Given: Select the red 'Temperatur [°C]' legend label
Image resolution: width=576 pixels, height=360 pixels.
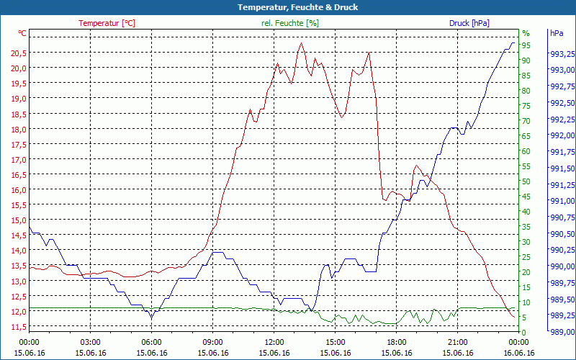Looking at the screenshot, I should pyautogui.click(x=107, y=23).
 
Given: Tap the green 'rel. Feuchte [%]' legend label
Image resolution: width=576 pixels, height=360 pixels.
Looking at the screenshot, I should pyautogui.click(x=290, y=23).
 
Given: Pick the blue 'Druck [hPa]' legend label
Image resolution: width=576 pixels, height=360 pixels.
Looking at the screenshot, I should pyautogui.click(x=469, y=23).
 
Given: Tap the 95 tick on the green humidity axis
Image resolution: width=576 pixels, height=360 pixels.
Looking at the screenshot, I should pyautogui.click(x=526, y=45).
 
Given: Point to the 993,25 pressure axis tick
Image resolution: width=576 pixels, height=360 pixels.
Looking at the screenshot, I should pyautogui.click(x=562, y=54).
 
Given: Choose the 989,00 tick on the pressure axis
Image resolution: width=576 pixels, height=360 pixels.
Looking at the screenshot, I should pyautogui.click(x=562, y=332).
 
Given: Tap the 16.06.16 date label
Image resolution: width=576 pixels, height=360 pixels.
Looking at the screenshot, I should pyautogui.click(x=518, y=353).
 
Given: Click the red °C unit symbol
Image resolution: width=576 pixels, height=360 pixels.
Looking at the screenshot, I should pyautogui.click(x=22, y=33).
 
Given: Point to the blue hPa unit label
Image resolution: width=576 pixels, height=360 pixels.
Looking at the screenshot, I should pyautogui.click(x=557, y=33).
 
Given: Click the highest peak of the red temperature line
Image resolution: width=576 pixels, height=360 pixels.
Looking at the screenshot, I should pyautogui.click(x=302, y=43).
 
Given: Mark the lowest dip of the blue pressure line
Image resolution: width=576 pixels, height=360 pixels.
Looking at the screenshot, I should pyautogui.click(x=151, y=318).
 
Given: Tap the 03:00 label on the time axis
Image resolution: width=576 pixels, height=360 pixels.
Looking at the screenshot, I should pyautogui.click(x=90, y=342).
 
